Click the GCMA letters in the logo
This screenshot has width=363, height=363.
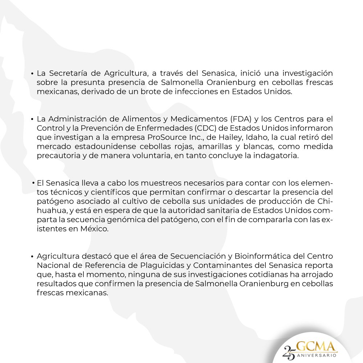point(317,346)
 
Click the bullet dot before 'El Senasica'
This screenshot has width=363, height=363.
point(33,182)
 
